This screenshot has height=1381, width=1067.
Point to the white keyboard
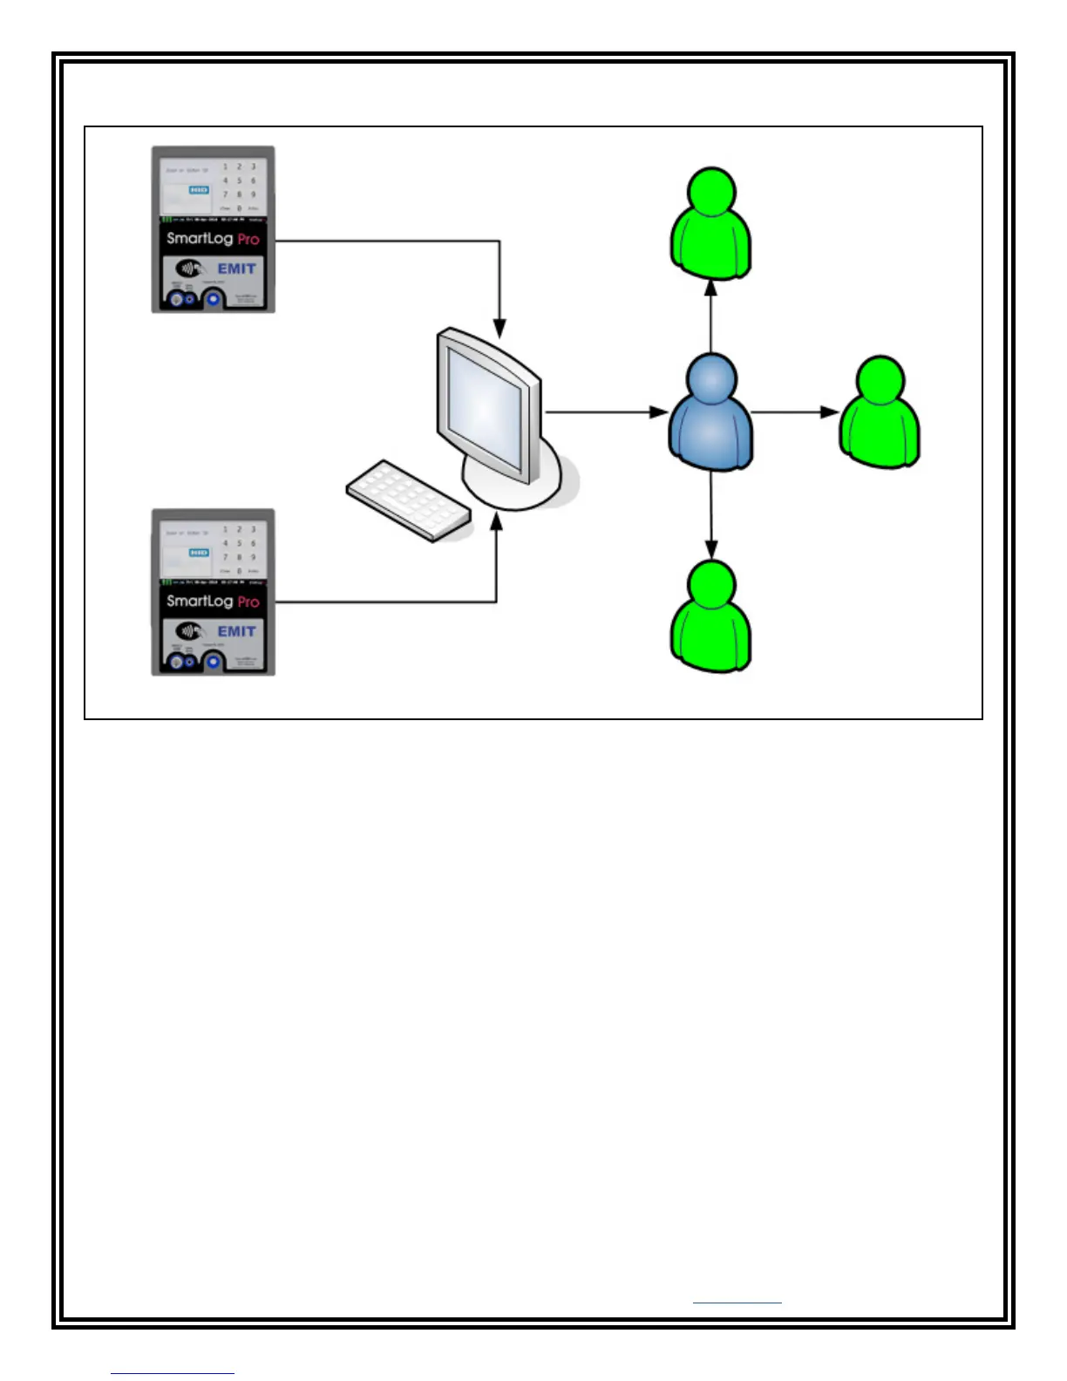tap(408, 500)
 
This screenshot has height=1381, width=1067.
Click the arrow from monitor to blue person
tap(605, 412)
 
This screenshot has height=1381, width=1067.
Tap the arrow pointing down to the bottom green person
tap(711, 515)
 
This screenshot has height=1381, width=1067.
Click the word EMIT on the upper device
tap(236, 269)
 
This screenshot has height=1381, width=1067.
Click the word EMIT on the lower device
tap(236, 631)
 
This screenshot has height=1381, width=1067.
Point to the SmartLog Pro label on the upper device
tap(213, 238)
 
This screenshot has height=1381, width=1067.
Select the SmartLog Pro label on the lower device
tap(213, 601)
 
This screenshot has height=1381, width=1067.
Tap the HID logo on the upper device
tap(199, 189)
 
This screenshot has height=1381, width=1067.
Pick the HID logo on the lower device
tap(199, 552)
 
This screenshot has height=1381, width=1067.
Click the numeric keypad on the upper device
tap(239, 187)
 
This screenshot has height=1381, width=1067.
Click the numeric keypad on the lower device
tap(239, 549)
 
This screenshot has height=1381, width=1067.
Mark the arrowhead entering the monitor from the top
tap(500, 329)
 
